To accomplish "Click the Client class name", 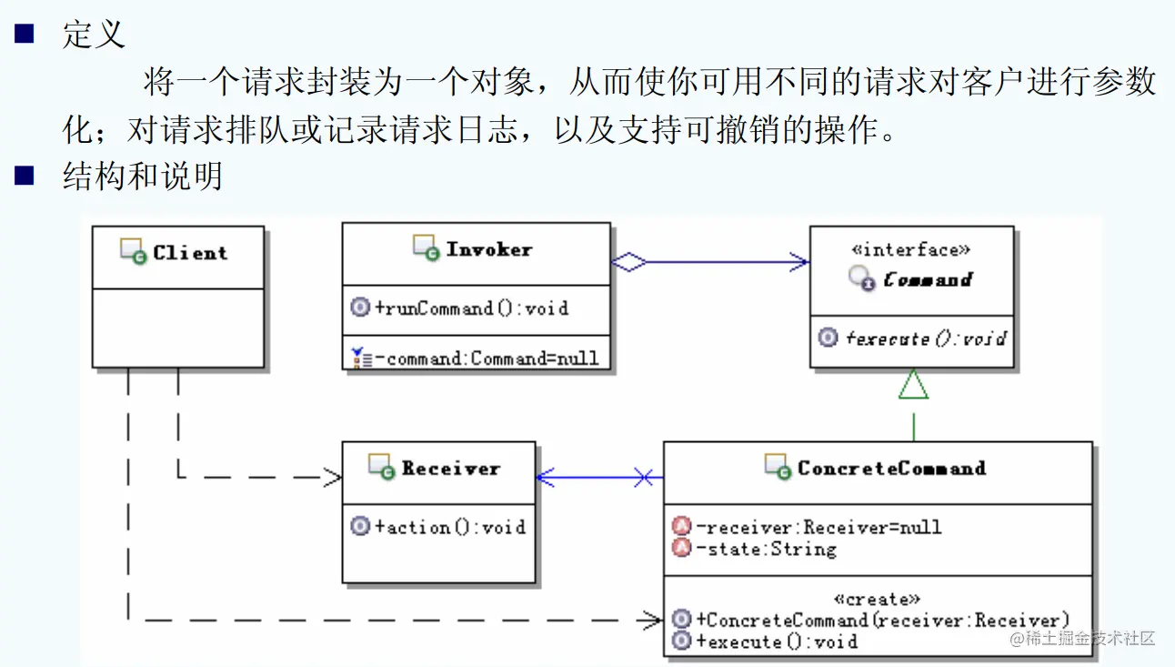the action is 190,253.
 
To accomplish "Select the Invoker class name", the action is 489,249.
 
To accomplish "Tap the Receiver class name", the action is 450,468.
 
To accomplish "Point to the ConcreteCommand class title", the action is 891,468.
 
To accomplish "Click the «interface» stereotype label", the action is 911,250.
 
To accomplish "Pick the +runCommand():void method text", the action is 472,308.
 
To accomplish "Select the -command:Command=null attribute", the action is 487,359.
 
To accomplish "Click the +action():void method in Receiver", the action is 450,527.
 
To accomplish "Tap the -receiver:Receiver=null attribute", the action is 818,527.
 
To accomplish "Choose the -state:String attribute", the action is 767,549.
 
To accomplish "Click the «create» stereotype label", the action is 877,599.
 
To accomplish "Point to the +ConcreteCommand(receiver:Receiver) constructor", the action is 882,621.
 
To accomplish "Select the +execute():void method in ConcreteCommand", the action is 777,642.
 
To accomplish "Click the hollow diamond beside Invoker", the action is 629,262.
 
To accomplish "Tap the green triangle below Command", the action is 913,384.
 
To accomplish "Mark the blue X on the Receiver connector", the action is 644,478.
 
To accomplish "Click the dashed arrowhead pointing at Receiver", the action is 332,478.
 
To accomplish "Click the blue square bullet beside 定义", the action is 25,34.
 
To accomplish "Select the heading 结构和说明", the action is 143,176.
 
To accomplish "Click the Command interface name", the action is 928,279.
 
